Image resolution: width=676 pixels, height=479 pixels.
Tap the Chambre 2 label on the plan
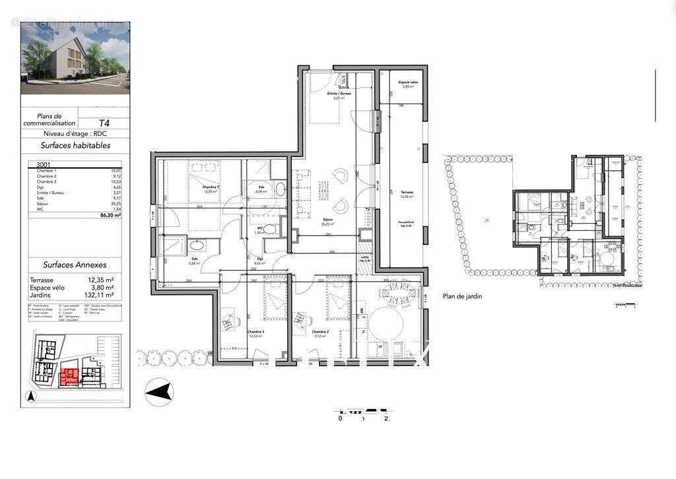click(x=320, y=332)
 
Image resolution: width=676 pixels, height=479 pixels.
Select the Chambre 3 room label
click(x=255, y=332)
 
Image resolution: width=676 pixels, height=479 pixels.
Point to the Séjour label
click(x=327, y=220)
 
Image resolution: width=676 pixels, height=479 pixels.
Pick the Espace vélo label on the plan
click(x=406, y=83)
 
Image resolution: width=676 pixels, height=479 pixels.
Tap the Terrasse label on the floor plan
click(x=406, y=193)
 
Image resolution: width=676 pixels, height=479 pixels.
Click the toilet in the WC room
click(x=285, y=229)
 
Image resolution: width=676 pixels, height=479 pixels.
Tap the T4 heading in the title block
click(x=104, y=123)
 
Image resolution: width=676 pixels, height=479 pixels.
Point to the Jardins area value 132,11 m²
click(x=100, y=295)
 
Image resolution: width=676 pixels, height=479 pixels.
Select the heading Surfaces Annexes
click(x=75, y=265)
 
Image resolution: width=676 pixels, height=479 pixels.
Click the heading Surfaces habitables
click(x=75, y=146)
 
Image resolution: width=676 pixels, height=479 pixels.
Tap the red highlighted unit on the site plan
click(x=69, y=377)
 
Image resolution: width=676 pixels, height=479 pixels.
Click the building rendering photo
click(x=75, y=58)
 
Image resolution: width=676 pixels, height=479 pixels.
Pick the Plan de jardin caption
click(x=462, y=296)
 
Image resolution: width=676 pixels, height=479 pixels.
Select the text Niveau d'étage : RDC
click(x=75, y=134)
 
